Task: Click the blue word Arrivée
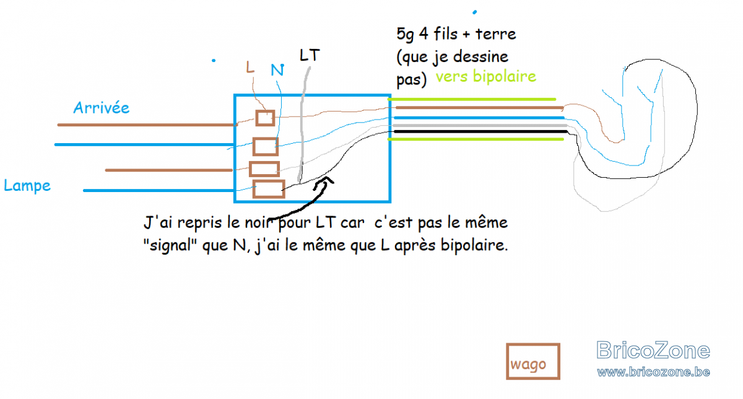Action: tap(101, 108)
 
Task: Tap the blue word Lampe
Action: tap(27, 185)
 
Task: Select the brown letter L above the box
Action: tap(250, 67)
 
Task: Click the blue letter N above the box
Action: tap(277, 70)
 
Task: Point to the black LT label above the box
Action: tap(310, 55)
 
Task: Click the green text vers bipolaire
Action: tap(486, 76)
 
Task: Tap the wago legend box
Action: tap(533, 361)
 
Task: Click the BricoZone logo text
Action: tap(653, 350)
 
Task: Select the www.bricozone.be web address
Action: tap(653, 372)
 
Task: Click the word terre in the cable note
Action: tap(495, 34)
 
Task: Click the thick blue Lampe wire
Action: tap(159, 191)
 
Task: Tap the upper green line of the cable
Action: tap(472, 99)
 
